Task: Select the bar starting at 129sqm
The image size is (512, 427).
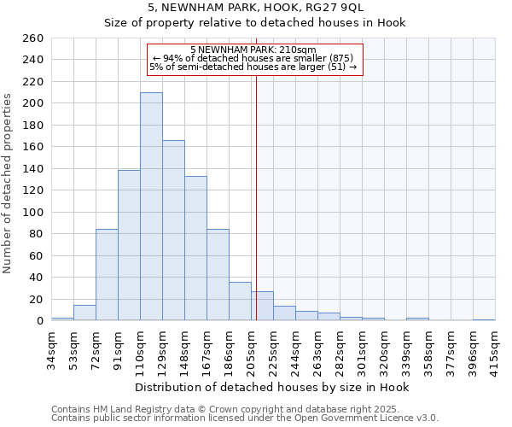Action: (173, 231)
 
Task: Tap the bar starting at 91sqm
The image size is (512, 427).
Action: (129, 245)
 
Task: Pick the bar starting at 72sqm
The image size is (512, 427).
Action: (107, 274)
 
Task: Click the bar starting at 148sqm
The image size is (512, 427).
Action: (195, 248)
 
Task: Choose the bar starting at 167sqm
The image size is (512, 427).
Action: (218, 274)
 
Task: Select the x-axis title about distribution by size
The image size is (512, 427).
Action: (272, 387)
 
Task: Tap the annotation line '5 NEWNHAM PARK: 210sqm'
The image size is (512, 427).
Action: (253, 50)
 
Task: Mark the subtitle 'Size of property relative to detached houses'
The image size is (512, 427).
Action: (254, 23)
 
